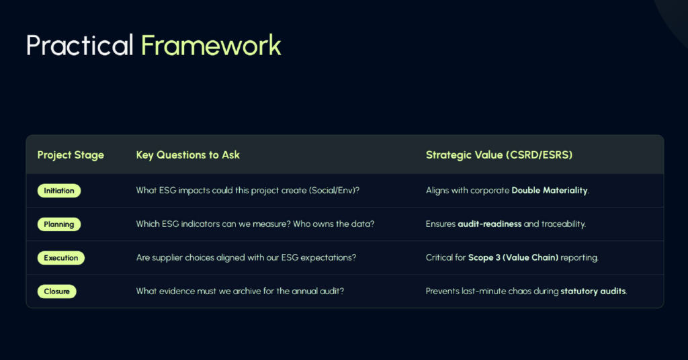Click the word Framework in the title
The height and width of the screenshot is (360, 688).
click(x=211, y=45)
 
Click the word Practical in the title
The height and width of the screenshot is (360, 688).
click(x=79, y=45)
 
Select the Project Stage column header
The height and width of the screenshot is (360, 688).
click(x=71, y=154)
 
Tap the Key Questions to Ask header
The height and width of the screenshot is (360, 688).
click(x=188, y=154)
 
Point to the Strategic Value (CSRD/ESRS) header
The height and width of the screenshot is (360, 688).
click(x=499, y=154)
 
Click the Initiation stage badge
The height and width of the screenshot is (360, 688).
click(x=59, y=191)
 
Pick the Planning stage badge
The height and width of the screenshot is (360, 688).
click(x=59, y=224)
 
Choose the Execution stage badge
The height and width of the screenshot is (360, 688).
click(x=61, y=258)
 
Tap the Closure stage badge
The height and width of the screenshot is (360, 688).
click(x=57, y=291)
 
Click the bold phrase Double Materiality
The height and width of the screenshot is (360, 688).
click(x=550, y=190)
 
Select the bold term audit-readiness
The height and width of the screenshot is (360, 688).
click(x=490, y=224)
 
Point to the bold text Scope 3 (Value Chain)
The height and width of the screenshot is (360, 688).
click(x=513, y=258)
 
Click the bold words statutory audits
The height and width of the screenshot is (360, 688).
click(x=593, y=291)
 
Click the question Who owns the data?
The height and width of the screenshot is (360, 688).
click(x=333, y=224)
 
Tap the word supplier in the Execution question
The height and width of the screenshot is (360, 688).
click(x=167, y=258)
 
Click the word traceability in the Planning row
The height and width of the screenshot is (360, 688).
click(x=563, y=224)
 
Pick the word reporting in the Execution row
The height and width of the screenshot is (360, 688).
click(x=578, y=258)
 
